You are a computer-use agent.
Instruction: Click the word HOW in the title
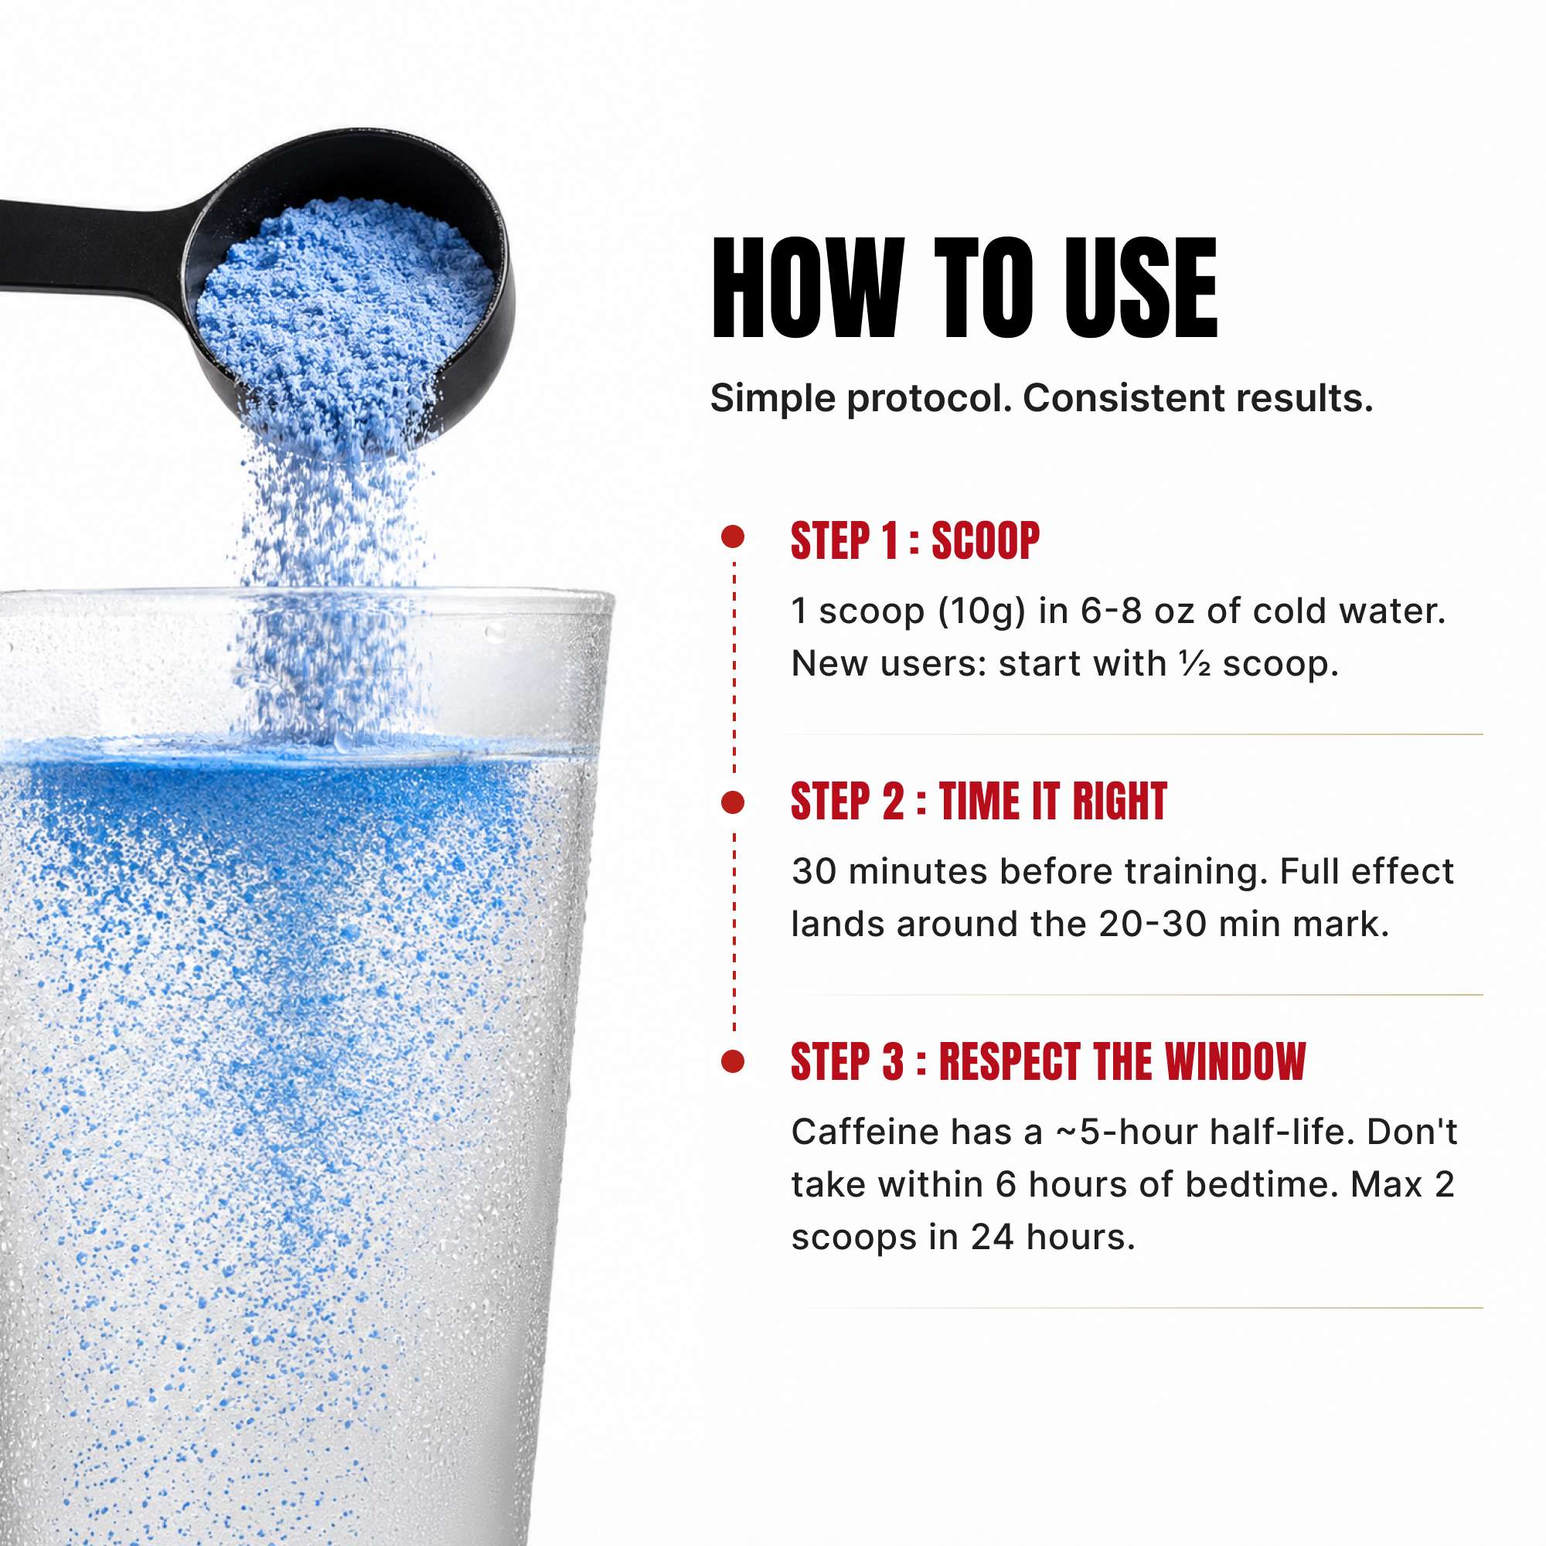tap(809, 288)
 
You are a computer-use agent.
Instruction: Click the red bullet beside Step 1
tap(733, 536)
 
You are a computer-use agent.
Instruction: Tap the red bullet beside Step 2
tap(733, 802)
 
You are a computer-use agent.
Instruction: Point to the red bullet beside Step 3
tap(733, 1061)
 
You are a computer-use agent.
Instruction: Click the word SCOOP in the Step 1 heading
tap(986, 541)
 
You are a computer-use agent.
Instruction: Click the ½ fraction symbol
tap(1195, 663)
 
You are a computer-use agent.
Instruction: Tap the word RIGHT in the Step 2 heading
tap(1119, 801)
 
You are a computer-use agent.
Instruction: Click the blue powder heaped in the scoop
tap(344, 312)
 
